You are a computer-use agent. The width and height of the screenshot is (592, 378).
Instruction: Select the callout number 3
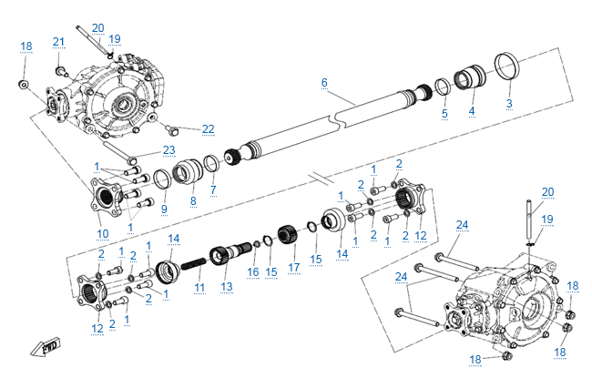(509, 104)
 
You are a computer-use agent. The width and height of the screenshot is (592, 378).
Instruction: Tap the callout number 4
(472, 112)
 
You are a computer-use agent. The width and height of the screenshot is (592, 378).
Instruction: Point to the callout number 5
(444, 114)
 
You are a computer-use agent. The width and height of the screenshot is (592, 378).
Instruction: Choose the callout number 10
(103, 233)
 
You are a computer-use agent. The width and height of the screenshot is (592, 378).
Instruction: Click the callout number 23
(168, 150)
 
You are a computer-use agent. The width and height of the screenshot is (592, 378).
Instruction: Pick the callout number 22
(208, 128)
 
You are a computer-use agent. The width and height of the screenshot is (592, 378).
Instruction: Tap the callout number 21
(59, 43)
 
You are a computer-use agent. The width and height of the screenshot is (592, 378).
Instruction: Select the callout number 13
(227, 287)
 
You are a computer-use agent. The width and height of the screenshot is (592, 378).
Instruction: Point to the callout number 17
(294, 268)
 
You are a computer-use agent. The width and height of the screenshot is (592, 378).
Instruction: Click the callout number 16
(252, 272)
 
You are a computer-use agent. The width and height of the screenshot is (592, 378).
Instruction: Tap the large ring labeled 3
(511, 68)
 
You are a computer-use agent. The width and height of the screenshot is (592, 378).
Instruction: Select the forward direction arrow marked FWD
(44, 347)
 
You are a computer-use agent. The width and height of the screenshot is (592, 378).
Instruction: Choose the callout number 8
(193, 201)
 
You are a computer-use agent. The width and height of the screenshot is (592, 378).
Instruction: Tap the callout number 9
(164, 209)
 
